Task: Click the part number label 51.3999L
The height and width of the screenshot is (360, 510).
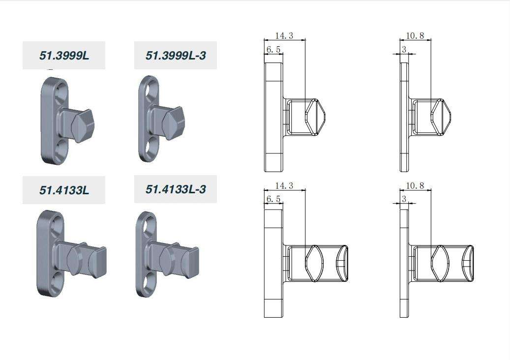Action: tap(64, 56)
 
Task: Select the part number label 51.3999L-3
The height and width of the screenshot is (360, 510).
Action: tap(176, 56)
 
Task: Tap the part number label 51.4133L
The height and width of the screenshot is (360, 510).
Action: tap(64, 190)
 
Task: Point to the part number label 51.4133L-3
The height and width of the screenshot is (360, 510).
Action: tap(176, 189)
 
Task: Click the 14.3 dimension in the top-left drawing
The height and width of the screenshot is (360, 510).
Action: tap(284, 35)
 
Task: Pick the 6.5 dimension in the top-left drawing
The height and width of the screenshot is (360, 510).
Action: tap(273, 50)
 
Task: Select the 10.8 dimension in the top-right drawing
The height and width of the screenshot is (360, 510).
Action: tap(415, 35)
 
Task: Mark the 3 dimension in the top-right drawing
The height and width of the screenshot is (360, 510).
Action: tap(404, 50)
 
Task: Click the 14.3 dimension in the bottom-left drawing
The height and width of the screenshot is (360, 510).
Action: tap(284, 185)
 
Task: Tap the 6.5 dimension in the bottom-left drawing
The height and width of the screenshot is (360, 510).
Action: tap(273, 199)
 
